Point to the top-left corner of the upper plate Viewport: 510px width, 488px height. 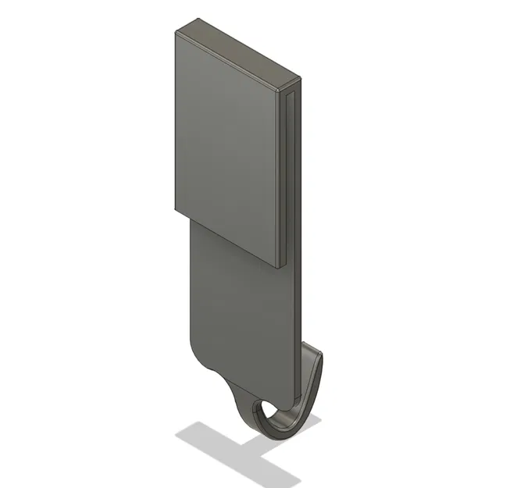click(x=174, y=32)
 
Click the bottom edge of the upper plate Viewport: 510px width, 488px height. click(x=226, y=239)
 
